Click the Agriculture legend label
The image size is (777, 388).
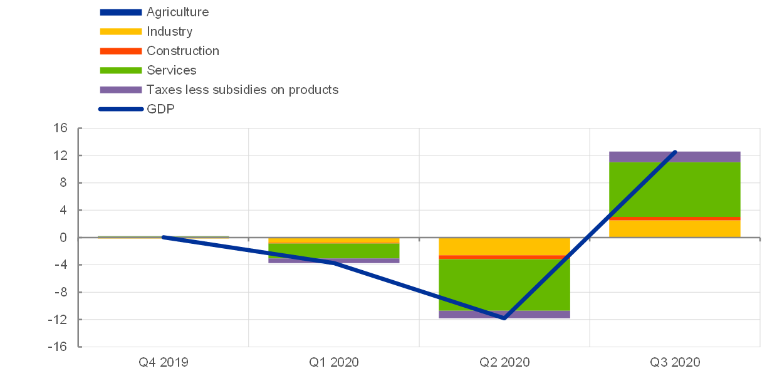177,12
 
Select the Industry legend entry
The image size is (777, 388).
169,31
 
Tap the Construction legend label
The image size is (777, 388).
183,51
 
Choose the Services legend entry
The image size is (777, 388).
171,70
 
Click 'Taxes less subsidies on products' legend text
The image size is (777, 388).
242,90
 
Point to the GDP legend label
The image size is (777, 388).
160,109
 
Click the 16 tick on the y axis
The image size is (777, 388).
60,128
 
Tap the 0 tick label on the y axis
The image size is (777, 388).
63,238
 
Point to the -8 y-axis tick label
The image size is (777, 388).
60,292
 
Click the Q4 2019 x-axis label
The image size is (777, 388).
163,362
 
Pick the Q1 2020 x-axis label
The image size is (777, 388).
334,362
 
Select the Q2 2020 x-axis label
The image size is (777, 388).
504,362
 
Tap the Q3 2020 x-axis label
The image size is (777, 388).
675,362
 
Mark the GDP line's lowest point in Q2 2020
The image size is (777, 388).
504,318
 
